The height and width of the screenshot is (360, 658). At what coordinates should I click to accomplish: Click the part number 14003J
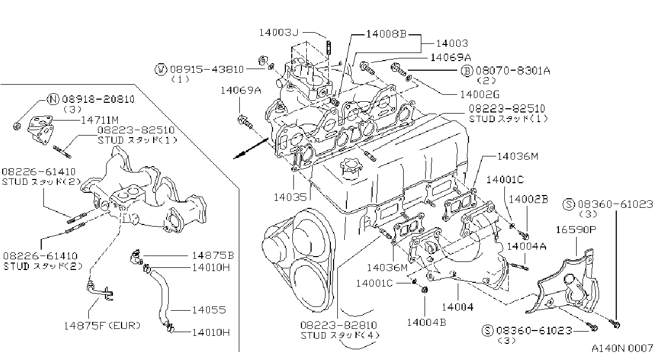278,33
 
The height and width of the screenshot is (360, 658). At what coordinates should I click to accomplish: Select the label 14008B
386,34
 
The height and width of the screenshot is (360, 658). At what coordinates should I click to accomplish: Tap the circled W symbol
161,70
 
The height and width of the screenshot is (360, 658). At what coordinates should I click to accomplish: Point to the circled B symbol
467,71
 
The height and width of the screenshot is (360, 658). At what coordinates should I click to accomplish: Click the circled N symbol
53,99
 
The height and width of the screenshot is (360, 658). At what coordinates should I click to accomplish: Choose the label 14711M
100,120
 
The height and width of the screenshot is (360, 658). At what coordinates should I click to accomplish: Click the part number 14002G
480,94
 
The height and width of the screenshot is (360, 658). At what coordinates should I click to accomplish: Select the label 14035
290,197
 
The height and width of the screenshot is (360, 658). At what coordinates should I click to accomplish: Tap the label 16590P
576,229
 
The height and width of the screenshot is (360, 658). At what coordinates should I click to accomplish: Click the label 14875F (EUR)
102,326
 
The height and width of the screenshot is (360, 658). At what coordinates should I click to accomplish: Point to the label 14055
209,310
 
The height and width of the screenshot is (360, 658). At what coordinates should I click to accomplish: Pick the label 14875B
213,256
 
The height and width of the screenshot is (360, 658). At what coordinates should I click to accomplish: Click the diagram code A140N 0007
622,348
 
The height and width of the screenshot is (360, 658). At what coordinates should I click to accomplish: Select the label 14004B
426,322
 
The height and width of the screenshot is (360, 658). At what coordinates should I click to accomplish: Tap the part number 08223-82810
338,325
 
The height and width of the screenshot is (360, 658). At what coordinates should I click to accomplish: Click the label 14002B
528,199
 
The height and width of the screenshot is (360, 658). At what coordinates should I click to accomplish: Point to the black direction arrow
251,148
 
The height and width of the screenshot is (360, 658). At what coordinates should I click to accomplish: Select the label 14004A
527,246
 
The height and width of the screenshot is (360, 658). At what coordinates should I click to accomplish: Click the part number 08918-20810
98,99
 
